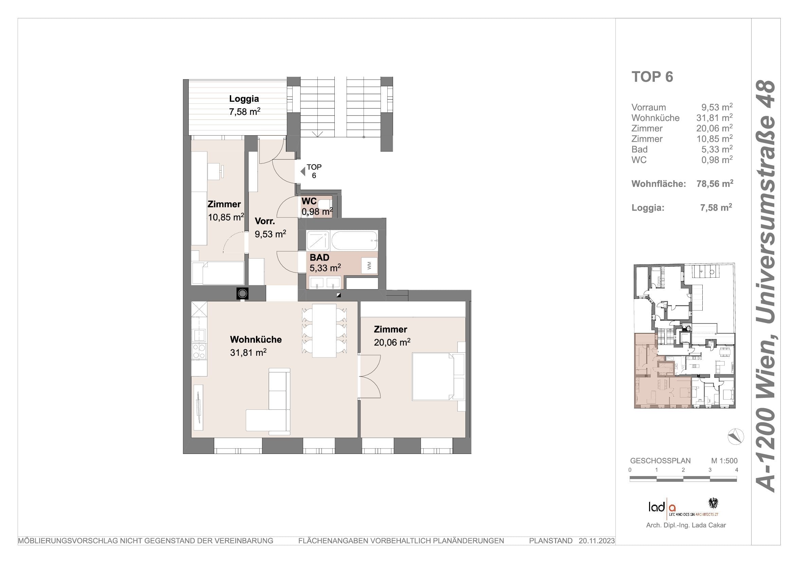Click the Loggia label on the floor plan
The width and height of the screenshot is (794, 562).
244,99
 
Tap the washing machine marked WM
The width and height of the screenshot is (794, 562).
369,266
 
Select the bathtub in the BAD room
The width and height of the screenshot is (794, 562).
354,241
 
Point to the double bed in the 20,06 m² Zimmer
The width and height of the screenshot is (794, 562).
433,376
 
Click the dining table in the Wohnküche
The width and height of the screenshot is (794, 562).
324,331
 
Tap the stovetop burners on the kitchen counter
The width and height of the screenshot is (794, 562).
199,351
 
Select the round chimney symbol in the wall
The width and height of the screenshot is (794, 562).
242,294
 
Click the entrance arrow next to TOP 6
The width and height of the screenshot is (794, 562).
302,171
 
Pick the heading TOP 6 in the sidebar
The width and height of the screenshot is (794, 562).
652,77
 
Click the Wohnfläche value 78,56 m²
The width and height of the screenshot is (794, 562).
715,183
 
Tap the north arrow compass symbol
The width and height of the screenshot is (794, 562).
736,437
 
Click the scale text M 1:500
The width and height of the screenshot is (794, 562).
724,461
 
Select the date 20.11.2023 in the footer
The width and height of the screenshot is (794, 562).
596,541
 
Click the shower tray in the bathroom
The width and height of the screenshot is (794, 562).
318,241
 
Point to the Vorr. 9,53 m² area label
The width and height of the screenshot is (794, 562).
270,228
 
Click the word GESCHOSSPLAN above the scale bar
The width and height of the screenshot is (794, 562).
660,461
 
